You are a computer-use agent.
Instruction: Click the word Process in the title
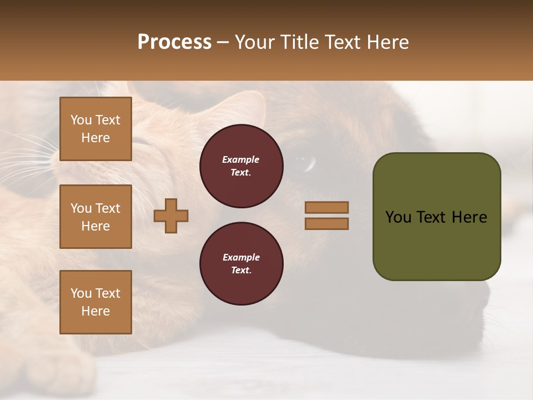coord(174,42)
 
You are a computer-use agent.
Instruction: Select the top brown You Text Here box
coord(95,129)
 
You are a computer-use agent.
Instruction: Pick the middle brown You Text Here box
coord(95,217)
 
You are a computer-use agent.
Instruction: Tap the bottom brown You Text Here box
coord(95,302)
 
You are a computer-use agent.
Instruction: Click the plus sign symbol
coord(171,216)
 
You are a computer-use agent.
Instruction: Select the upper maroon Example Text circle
coord(241,166)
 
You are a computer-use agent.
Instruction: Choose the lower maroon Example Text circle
coord(241,264)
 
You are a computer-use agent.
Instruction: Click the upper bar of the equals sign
coord(326,208)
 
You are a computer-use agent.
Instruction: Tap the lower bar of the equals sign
coord(326,224)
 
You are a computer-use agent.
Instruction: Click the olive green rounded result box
coord(436,217)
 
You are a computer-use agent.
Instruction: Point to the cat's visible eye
coord(305,162)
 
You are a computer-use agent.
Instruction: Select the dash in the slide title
coord(223,43)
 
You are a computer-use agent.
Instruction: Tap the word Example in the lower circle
coord(241,257)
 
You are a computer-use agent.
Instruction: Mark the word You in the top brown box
coord(81,120)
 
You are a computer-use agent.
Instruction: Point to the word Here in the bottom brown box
coord(95,311)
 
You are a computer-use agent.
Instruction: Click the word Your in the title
coord(256,42)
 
